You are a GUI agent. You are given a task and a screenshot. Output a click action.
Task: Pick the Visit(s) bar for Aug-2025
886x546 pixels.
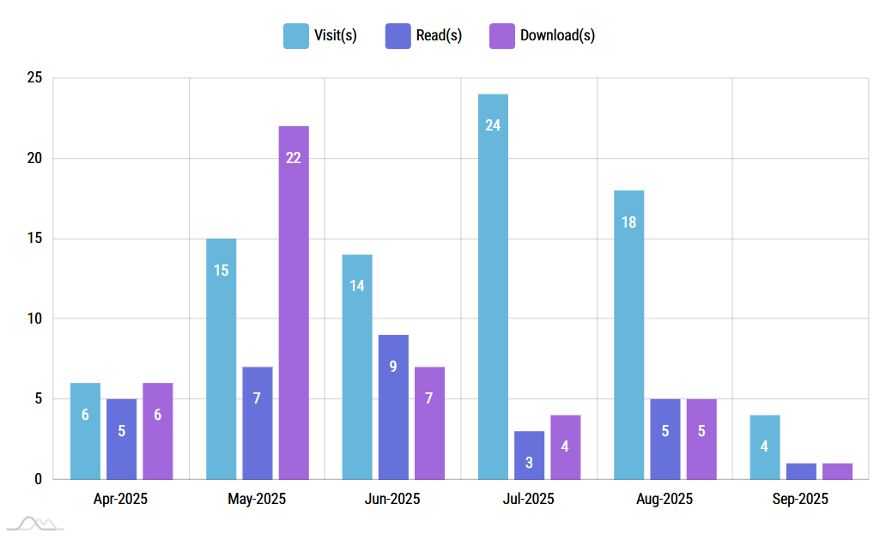click(x=628, y=335)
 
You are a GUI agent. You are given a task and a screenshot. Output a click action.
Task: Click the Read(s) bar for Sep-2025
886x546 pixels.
click(x=801, y=471)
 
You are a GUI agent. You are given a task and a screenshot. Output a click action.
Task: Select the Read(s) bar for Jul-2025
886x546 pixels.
click(x=529, y=455)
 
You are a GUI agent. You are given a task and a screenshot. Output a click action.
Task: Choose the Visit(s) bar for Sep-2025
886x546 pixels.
click(x=765, y=447)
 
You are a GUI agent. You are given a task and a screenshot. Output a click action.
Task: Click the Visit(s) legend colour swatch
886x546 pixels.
click(x=296, y=36)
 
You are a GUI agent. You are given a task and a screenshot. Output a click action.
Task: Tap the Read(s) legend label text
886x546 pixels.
click(x=440, y=36)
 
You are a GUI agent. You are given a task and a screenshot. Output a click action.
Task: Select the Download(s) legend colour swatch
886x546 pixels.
click(x=501, y=36)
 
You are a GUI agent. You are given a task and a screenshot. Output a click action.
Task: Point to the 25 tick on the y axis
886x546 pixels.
click(x=34, y=78)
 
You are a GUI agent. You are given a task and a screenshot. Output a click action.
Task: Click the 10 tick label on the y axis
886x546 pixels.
click(x=34, y=319)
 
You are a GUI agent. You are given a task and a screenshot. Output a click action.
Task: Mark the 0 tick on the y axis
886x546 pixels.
click(x=38, y=480)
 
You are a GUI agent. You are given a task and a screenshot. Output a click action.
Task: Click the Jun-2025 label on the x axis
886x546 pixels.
click(x=392, y=499)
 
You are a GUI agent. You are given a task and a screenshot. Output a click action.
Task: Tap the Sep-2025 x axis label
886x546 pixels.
click(x=800, y=499)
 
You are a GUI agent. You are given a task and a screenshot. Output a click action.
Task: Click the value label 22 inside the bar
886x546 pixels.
click(x=294, y=158)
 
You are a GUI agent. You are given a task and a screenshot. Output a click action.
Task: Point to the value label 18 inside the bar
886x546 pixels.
click(x=628, y=222)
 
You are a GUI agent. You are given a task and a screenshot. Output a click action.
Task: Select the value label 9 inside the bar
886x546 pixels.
click(x=393, y=367)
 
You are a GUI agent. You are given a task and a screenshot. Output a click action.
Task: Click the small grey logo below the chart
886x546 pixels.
click(x=35, y=523)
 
